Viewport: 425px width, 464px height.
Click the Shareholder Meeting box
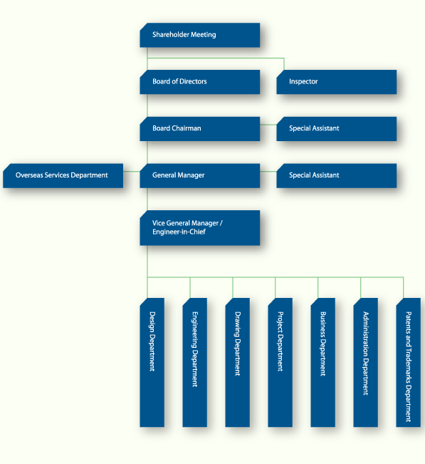(200, 35)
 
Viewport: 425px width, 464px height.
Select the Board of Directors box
(200, 82)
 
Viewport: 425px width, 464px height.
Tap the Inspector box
(336, 82)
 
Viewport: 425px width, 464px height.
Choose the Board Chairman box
(200, 129)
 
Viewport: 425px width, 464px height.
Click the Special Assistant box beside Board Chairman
(336, 129)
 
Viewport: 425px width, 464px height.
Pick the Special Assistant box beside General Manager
(336, 175)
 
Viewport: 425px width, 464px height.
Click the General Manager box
(200, 175)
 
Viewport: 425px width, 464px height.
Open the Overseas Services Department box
(63, 175)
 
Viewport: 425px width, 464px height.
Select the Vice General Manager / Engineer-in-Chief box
(200, 228)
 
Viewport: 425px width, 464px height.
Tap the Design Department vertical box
(152, 363)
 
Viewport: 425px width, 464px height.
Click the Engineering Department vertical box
(195, 363)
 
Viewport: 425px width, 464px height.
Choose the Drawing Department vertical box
(237, 363)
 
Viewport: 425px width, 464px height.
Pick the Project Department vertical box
(280, 363)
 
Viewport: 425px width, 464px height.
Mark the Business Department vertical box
(322, 363)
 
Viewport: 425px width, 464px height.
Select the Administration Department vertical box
(366, 363)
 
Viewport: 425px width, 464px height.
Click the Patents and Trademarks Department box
(408, 363)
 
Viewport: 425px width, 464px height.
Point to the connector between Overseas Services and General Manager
(132, 171)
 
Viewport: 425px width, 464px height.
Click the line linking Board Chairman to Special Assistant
(268, 125)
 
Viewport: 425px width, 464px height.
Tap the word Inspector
(303, 82)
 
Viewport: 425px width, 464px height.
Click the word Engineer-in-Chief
(179, 232)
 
